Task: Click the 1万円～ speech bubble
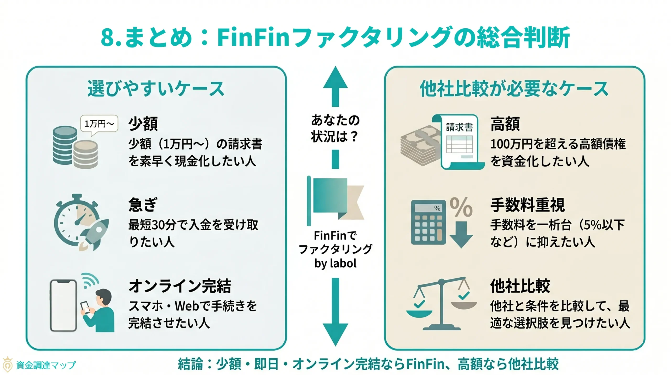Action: tap(99, 123)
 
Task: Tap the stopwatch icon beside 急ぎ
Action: tap(76, 220)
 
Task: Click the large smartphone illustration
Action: tap(63, 305)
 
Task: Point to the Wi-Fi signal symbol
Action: tap(89, 280)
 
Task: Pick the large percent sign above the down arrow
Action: tap(461, 207)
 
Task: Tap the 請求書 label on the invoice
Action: tap(459, 127)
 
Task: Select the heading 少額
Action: tap(143, 124)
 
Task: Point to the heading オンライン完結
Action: tap(180, 286)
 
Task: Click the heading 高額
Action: tap(505, 124)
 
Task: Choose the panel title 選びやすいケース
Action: tap(156, 89)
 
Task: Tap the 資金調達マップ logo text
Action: tap(46, 365)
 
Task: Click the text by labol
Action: tap(335, 263)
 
